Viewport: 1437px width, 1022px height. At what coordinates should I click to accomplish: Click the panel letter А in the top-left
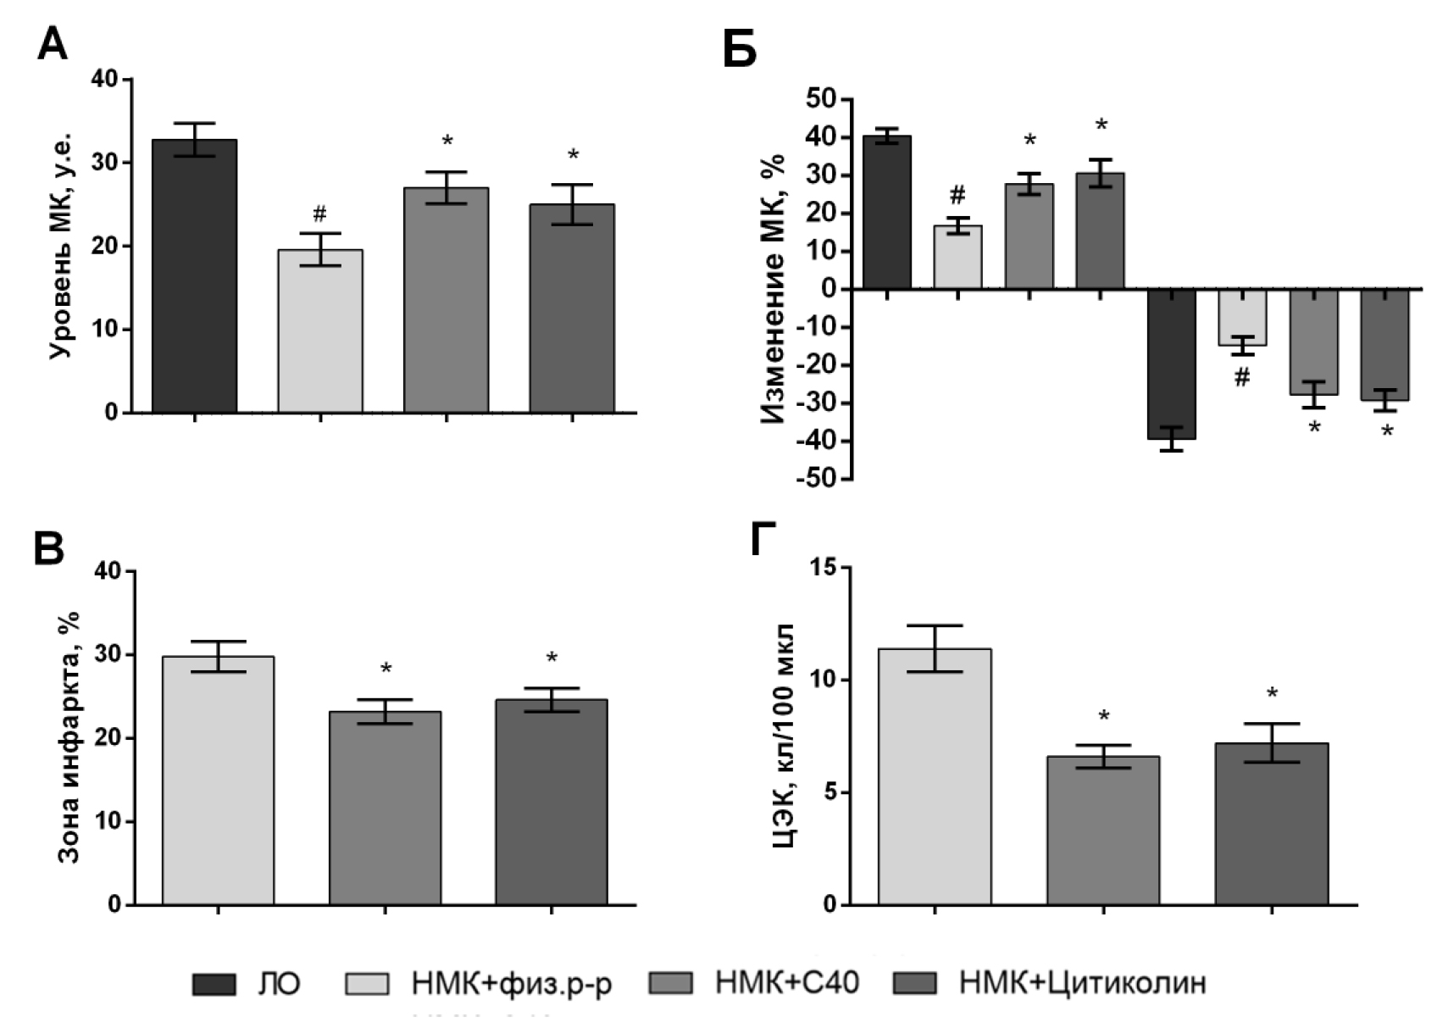tap(53, 44)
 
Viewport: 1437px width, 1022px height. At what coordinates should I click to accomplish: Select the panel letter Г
tap(763, 540)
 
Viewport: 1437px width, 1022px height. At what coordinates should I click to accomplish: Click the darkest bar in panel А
tap(194, 275)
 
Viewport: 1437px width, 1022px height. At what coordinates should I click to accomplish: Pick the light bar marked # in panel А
tap(319, 330)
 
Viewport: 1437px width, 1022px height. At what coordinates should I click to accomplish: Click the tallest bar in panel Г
tap(935, 776)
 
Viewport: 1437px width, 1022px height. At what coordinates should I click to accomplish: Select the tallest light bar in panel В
tap(218, 780)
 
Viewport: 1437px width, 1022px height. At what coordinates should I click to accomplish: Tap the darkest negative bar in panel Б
tap(1171, 364)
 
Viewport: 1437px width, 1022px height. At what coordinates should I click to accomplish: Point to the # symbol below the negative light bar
tap(1241, 378)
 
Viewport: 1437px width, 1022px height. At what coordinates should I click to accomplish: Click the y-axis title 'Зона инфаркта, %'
tap(69, 737)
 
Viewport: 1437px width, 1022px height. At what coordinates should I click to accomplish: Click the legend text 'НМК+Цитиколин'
tap(1082, 983)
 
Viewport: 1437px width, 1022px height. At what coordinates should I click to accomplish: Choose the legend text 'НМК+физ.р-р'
tap(511, 984)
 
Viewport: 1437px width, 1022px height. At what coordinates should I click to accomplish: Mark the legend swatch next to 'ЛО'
tap(214, 984)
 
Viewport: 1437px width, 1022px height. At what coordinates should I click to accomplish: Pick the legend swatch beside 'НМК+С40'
tap(669, 983)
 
